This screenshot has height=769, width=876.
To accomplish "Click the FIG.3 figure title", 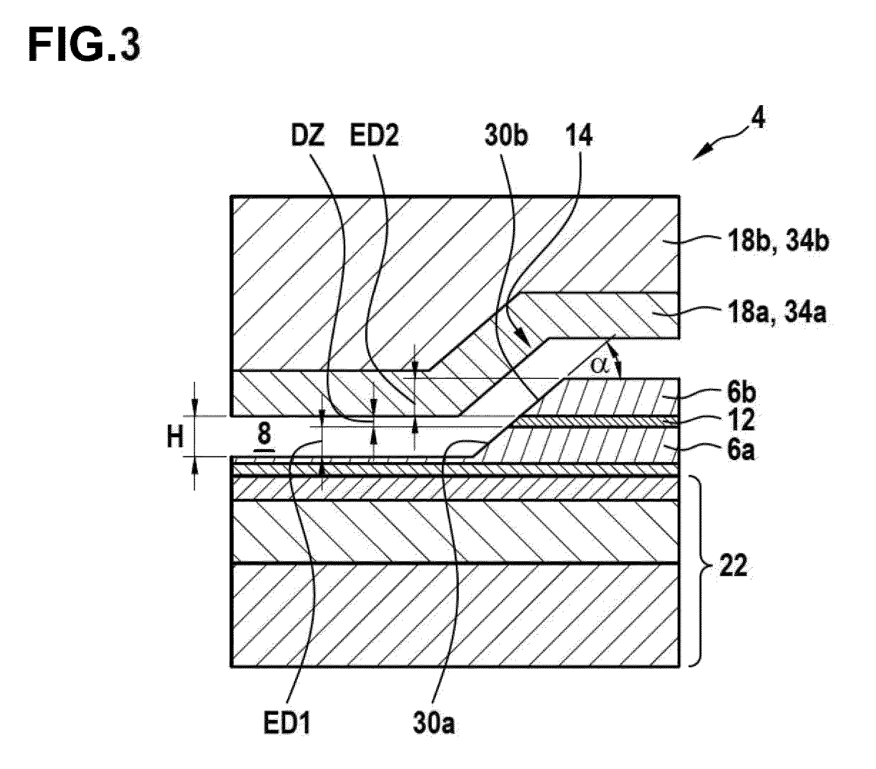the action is click(x=84, y=46).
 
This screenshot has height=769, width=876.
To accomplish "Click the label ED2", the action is click(x=374, y=137).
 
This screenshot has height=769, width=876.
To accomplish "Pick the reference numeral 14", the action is click(x=578, y=137).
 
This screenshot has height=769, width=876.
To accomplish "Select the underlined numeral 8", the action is click(x=264, y=436).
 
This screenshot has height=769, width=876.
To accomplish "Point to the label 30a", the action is click(x=433, y=726).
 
